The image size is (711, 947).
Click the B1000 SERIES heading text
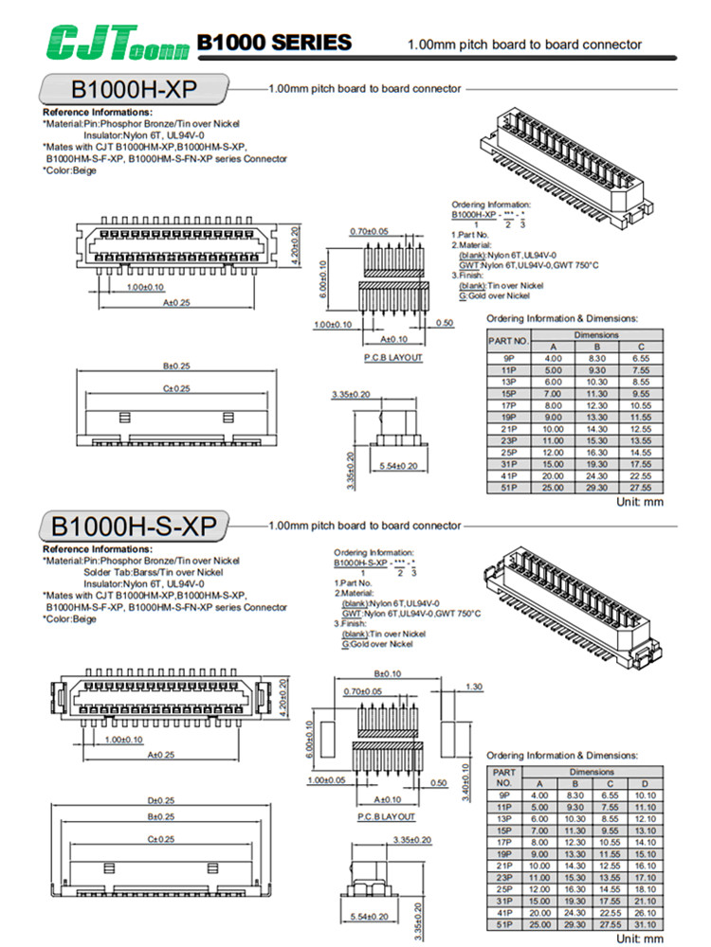(274, 43)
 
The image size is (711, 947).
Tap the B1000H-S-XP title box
(134, 526)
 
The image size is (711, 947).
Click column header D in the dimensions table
(643, 783)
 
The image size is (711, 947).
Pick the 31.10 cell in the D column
(643, 923)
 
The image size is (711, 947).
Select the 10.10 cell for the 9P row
(643, 795)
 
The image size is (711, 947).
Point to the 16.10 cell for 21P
(643, 866)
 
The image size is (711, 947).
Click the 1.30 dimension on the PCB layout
(474, 687)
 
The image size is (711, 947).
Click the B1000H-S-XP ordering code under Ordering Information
(361, 563)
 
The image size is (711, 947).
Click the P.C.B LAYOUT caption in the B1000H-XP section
(392, 357)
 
